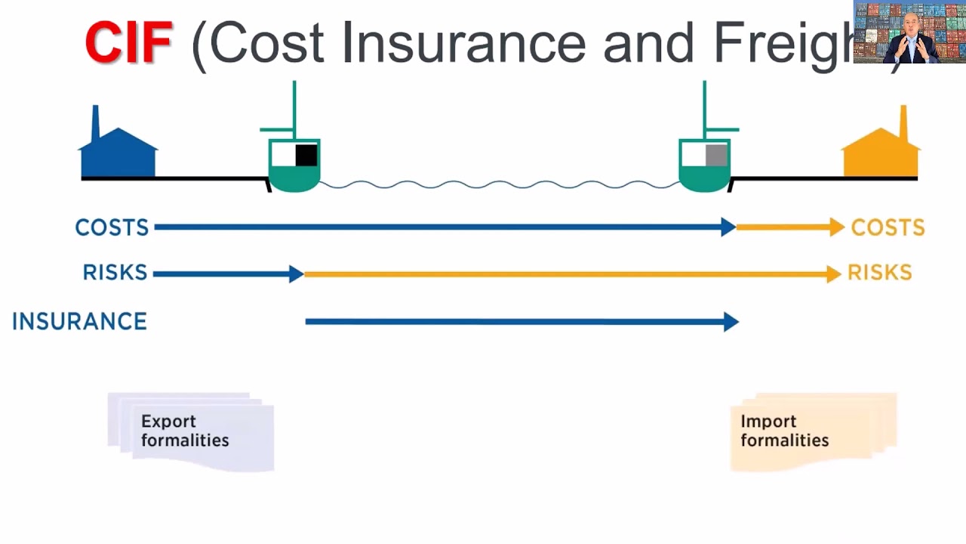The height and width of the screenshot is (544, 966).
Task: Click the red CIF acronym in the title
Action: pyautogui.click(x=128, y=43)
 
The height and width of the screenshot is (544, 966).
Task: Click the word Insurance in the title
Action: pyautogui.click(x=463, y=43)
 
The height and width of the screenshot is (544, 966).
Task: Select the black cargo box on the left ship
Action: pyautogui.click(x=306, y=155)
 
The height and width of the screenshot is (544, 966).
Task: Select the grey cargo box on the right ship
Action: pyautogui.click(x=716, y=155)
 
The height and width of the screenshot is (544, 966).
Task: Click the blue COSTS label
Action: pyautogui.click(x=112, y=227)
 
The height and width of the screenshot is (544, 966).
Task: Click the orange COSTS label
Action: pyautogui.click(x=888, y=227)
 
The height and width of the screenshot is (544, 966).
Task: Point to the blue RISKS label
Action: pyautogui.click(x=115, y=273)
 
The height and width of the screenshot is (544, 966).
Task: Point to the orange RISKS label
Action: pyautogui.click(x=880, y=273)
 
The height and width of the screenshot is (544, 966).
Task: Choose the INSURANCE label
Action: pyautogui.click(x=79, y=322)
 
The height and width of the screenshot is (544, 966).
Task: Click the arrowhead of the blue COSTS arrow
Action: pyautogui.click(x=728, y=227)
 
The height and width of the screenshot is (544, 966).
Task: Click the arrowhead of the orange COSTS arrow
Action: pyautogui.click(x=836, y=227)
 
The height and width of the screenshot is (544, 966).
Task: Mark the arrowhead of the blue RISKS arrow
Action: pyautogui.click(x=296, y=274)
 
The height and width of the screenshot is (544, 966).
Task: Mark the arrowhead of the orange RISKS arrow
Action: pyautogui.click(x=833, y=274)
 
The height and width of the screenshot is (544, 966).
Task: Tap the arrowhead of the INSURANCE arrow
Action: pyautogui.click(x=731, y=322)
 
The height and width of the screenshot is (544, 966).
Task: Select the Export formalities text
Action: pyautogui.click(x=185, y=431)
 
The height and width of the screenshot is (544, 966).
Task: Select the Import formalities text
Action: pyautogui.click(x=784, y=431)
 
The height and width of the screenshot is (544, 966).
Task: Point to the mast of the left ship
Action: pyautogui.click(x=294, y=106)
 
